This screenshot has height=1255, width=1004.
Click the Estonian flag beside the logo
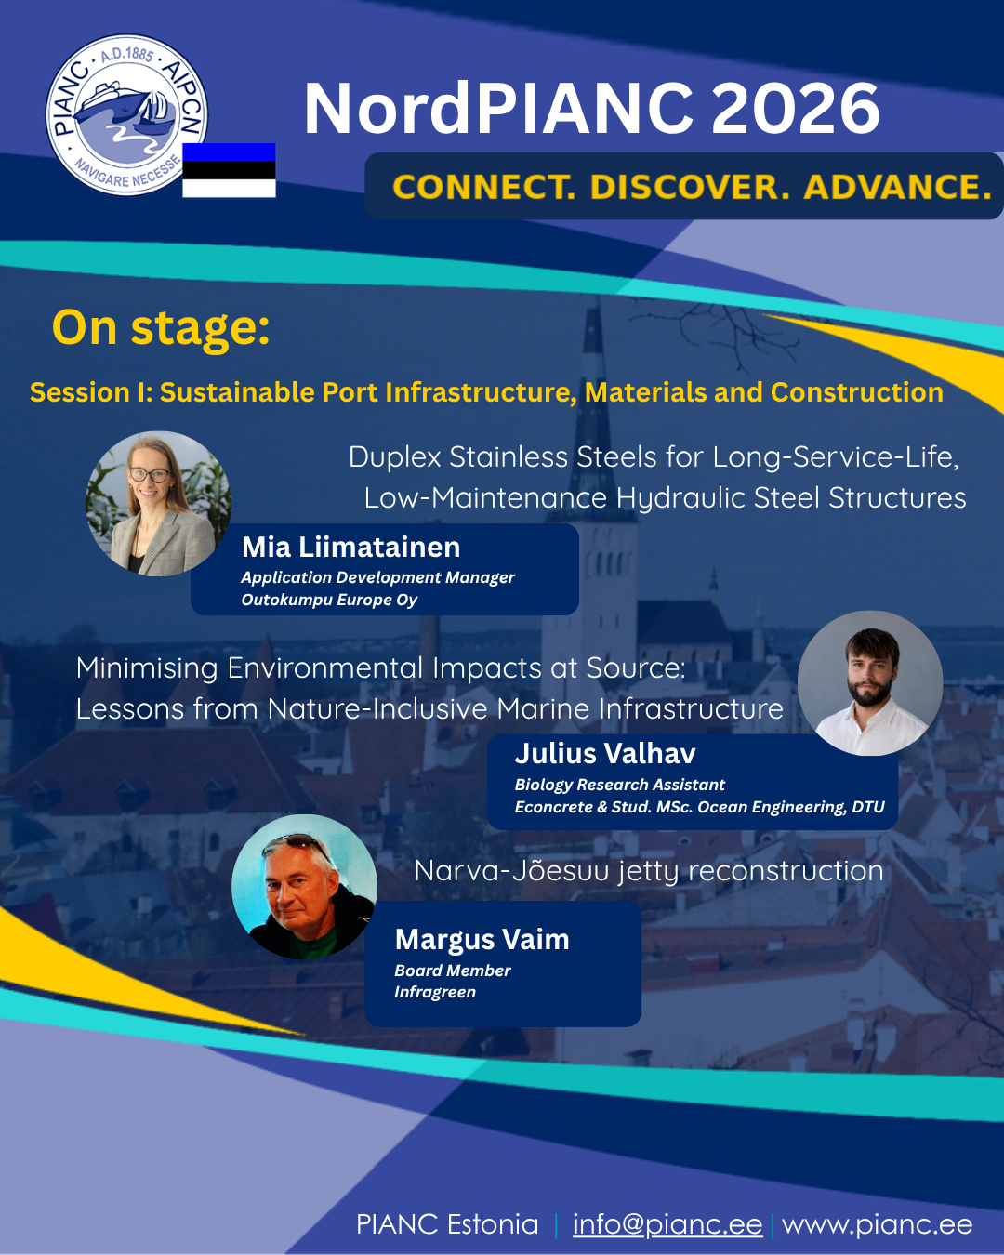[x=229, y=170]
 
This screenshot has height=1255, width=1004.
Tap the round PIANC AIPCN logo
[x=126, y=115]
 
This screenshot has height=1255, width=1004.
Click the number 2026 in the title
[x=796, y=109]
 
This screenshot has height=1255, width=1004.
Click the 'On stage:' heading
[x=161, y=328]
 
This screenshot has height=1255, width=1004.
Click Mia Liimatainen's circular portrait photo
[x=159, y=504]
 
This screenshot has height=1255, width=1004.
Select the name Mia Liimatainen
[x=351, y=548]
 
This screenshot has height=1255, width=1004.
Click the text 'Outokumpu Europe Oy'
[x=330, y=601]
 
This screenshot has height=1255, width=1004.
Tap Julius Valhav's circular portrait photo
[x=870, y=683]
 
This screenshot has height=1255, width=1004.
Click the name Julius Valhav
[x=605, y=754]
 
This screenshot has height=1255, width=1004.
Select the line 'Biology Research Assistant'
[x=619, y=785]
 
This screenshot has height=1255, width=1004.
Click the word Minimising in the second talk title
[x=147, y=668]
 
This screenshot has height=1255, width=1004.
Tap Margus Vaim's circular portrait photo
[x=305, y=887]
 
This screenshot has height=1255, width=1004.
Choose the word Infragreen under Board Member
[x=435, y=992]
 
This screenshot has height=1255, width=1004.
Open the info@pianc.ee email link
[x=667, y=1224]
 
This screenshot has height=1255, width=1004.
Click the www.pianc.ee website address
[x=878, y=1225]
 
